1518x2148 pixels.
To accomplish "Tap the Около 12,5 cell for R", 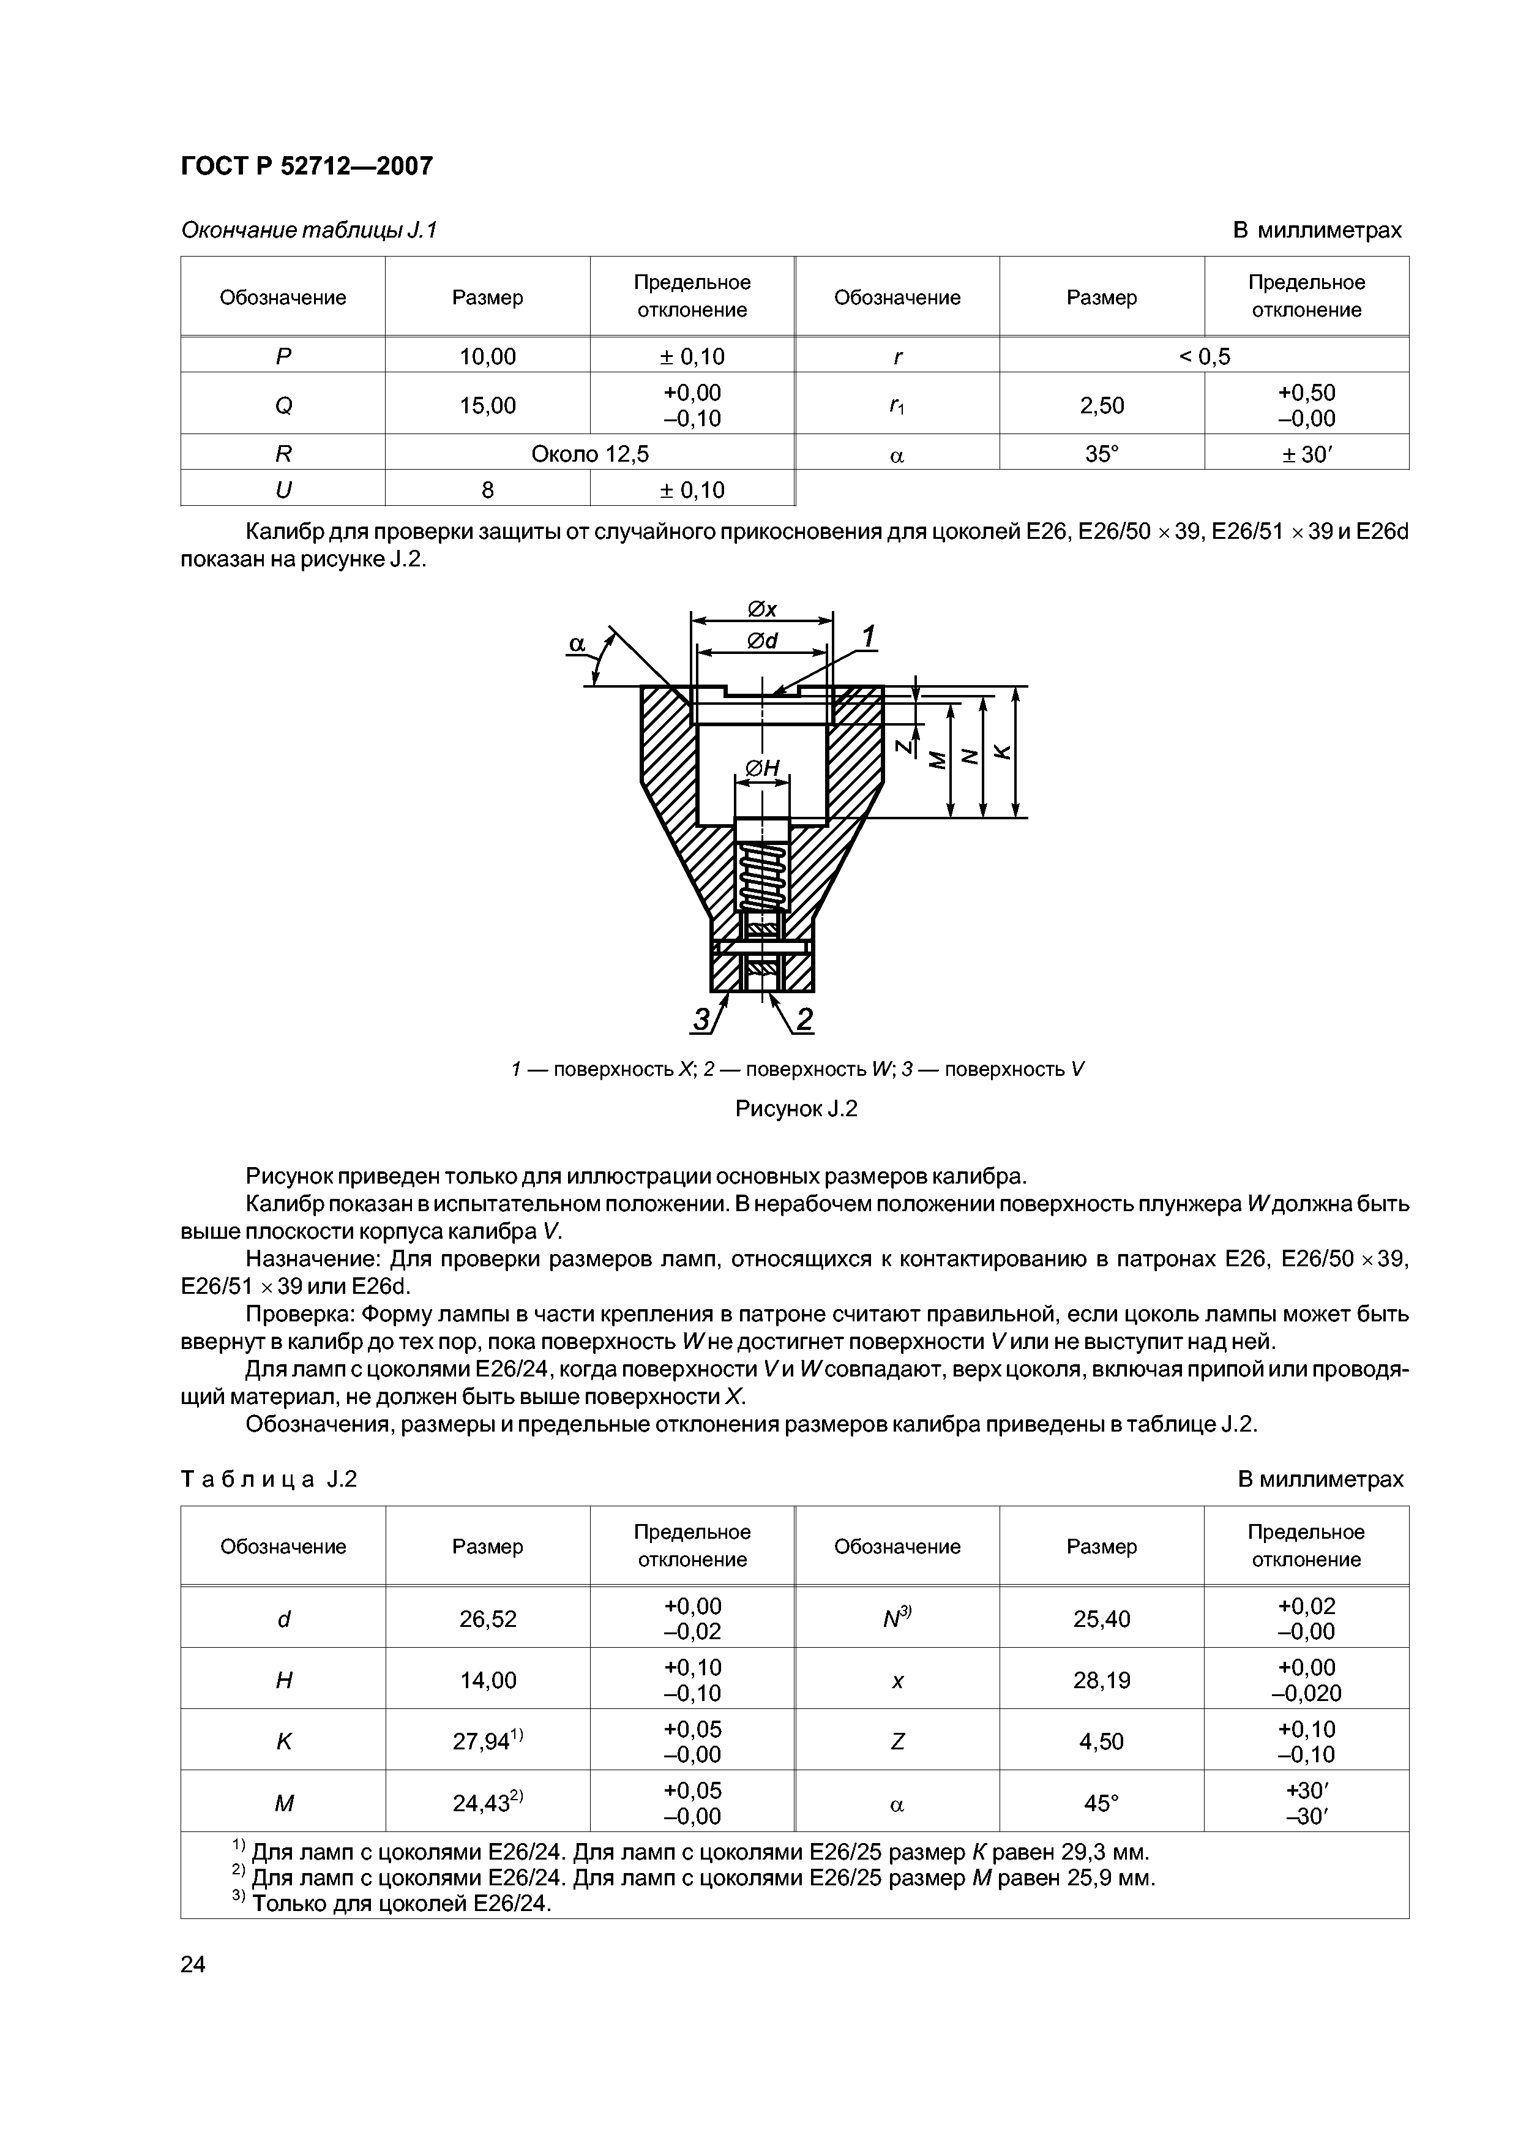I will (589, 454).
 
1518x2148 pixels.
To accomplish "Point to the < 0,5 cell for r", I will (1204, 356).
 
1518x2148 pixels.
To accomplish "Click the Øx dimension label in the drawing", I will (762, 609).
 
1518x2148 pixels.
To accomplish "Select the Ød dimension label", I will (762, 641).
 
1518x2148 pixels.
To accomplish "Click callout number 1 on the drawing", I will (868, 638).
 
